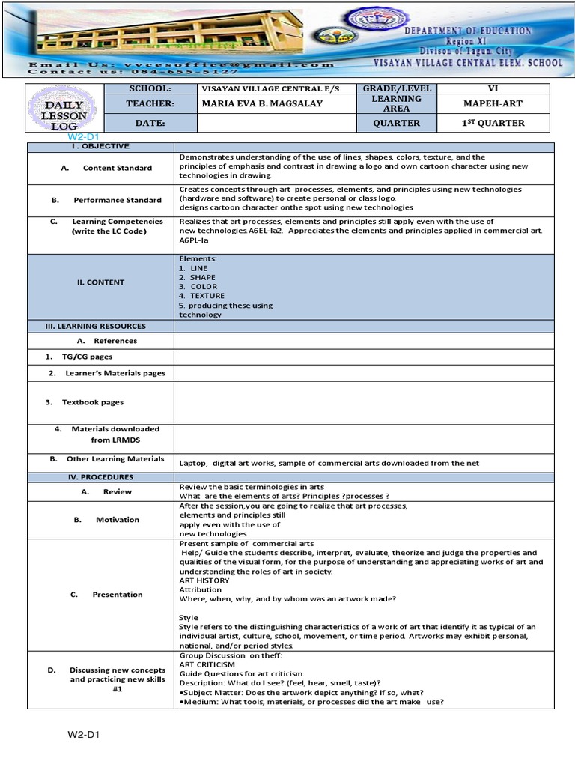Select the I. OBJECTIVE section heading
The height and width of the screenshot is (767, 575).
coord(101,146)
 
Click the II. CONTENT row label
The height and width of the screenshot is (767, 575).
coord(101,282)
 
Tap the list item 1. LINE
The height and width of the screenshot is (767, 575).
coord(194,268)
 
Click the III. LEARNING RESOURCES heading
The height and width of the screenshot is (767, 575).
coord(101,326)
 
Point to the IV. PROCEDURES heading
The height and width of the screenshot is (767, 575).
coord(101,477)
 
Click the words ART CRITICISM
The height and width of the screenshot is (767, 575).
coord(207,664)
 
